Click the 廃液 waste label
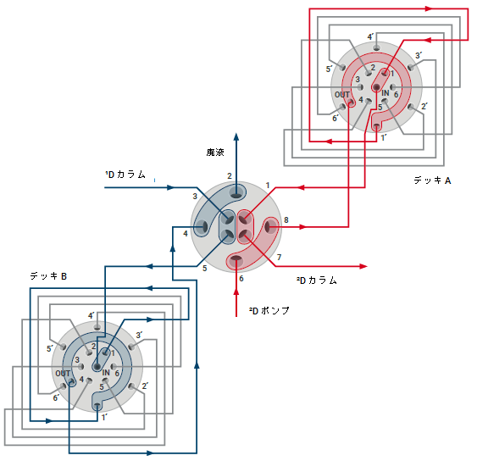point(215,153)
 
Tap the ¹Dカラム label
point(125,175)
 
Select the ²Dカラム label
point(317,280)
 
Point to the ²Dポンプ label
point(269,311)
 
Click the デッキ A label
point(432,181)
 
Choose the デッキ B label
point(48,276)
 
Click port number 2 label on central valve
point(230,176)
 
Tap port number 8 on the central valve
point(286,220)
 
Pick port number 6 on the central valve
point(241,279)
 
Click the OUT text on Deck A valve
point(342,95)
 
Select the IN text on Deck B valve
point(106,373)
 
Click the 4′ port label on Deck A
point(370,36)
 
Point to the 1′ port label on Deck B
point(104,417)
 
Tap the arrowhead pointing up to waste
point(236,136)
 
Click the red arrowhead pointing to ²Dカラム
point(363,266)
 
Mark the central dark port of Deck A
point(377,87)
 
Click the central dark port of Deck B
point(97,367)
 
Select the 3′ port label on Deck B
point(139,335)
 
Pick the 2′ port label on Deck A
point(424,106)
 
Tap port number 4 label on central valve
point(186,233)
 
